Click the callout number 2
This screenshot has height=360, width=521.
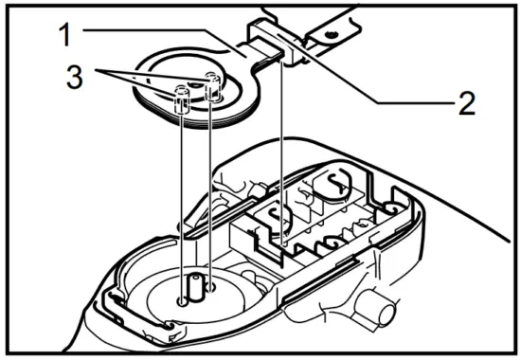pos(463,103)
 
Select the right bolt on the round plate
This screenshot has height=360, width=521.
pos(213,85)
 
